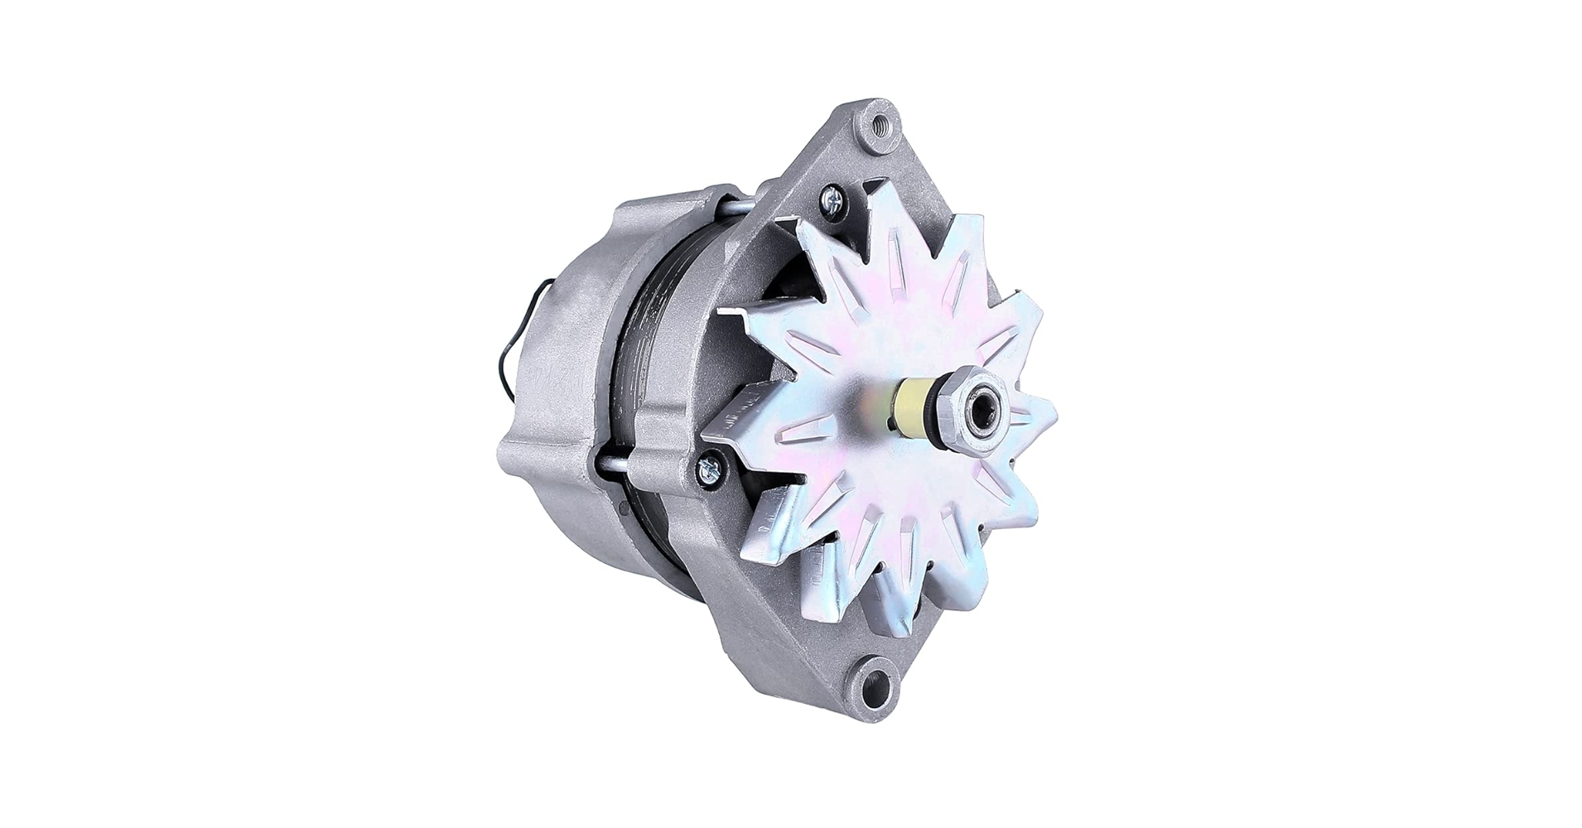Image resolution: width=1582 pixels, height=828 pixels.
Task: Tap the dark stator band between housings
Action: [663, 331]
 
